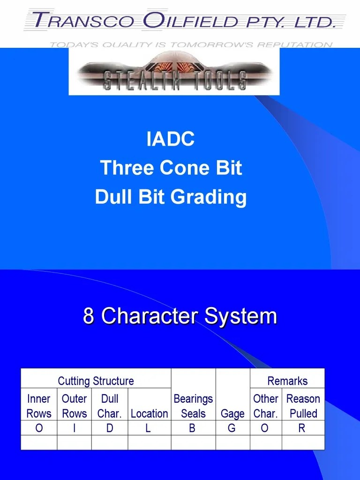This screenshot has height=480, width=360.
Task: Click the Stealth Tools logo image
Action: pyautogui.click(x=174, y=71)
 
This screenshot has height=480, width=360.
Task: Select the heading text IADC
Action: pyautogui.click(x=171, y=140)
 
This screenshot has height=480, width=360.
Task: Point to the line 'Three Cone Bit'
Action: pyautogui.click(x=171, y=168)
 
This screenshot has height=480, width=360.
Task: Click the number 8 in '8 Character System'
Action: pyautogui.click(x=89, y=316)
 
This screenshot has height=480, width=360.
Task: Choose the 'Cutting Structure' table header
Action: pyautogui.click(x=96, y=381)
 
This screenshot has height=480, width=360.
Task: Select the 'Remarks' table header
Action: pyautogui.click(x=287, y=381)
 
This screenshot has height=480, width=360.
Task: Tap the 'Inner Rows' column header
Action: pyautogui.click(x=39, y=406)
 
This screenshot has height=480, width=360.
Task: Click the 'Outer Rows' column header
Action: pyautogui.click(x=74, y=406)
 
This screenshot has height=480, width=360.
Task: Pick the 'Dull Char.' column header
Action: pyautogui.click(x=110, y=406)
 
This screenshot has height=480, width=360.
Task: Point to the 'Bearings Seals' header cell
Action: pyautogui.click(x=193, y=406)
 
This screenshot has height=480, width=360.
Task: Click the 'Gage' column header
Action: pyautogui.click(x=232, y=413)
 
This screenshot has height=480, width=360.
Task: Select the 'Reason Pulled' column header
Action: pyautogui.click(x=303, y=406)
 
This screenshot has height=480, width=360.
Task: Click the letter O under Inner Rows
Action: pyautogui.click(x=39, y=428)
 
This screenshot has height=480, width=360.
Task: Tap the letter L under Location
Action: pyautogui.click(x=148, y=428)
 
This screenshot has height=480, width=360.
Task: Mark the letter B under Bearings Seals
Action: pyautogui.click(x=192, y=428)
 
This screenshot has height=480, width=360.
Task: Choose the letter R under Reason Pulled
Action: pyautogui.click(x=302, y=428)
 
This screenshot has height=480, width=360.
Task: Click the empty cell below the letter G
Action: pyautogui.click(x=232, y=442)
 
